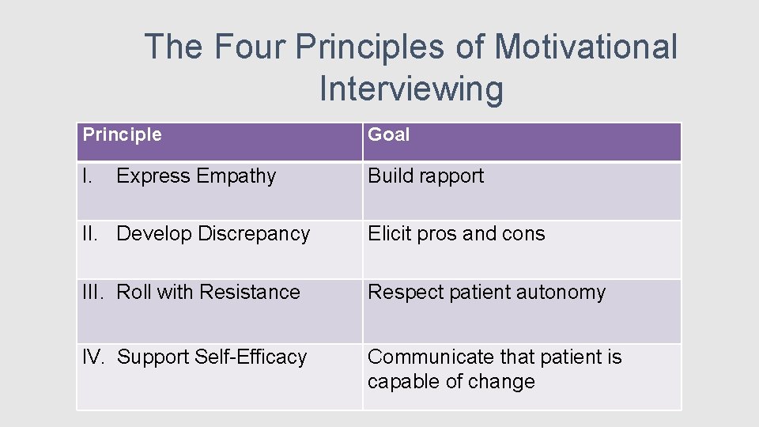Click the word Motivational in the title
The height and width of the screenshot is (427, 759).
[585, 47]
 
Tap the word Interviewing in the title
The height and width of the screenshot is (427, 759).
[411, 89]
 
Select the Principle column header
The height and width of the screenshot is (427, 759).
[123, 134]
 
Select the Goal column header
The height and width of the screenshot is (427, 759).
[389, 134]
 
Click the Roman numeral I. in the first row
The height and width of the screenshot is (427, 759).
[89, 176]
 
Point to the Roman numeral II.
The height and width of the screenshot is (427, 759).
[92, 234]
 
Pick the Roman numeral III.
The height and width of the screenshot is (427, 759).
[95, 292]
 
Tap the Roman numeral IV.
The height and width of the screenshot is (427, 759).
[94, 357]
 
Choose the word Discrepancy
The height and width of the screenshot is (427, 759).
[254, 234]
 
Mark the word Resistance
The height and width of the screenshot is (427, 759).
[250, 292]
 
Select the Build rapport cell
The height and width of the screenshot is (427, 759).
[426, 176]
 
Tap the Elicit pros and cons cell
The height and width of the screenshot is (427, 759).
[456, 234]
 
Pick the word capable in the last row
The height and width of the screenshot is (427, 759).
[404, 382]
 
